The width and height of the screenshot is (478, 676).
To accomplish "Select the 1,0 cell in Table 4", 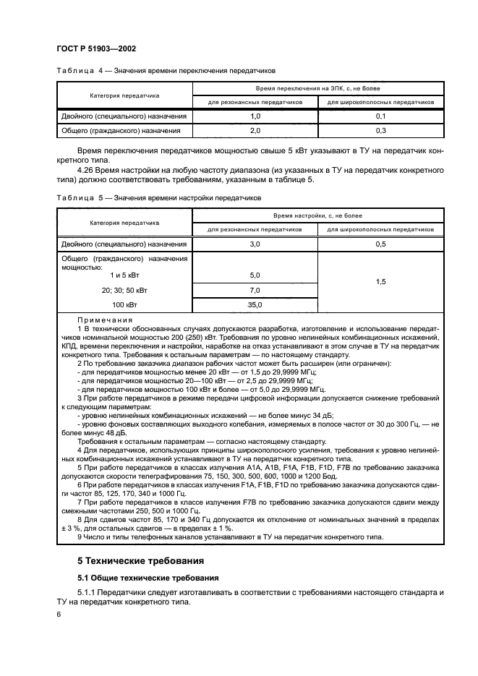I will pos(255,116).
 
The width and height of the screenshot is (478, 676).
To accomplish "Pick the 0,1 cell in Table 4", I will pos(380,116).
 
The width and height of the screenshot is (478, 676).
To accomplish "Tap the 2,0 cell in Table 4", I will pos(255,131).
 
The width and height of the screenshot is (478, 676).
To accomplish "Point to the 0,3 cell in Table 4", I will pos(380,131).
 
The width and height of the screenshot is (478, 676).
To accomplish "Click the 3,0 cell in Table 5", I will pos(255,245).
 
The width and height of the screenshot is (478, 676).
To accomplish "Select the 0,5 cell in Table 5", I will pos(380,245).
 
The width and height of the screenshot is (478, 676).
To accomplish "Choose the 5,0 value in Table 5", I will pos(255,275).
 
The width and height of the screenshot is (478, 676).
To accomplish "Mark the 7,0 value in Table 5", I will pos(255,290).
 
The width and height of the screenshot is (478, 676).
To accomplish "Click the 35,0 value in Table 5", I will pos(255,305).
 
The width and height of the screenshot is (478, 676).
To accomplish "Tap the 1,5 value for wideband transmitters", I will pos(380,283).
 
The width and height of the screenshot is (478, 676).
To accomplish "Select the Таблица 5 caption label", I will pos(76,197).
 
